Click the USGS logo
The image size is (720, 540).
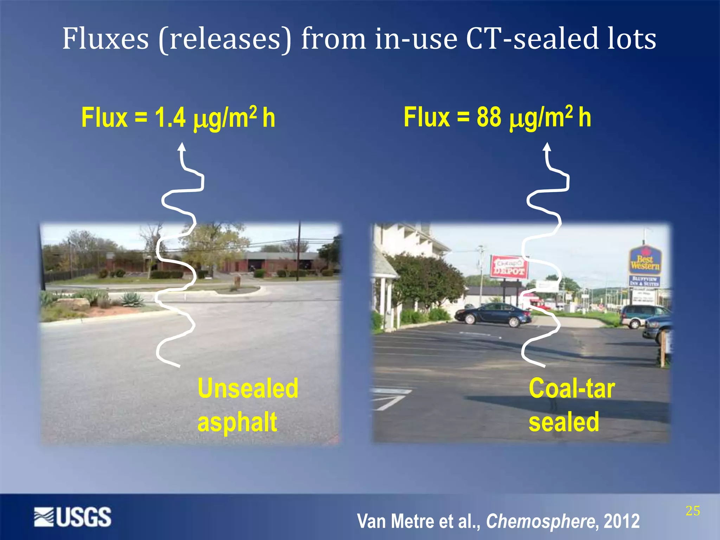coord(73,517)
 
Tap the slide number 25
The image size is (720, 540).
coord(693,511)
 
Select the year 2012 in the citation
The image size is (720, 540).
coord(622,521)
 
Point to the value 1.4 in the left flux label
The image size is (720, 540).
coord(170,117)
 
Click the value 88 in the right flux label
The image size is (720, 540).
coord(489,117)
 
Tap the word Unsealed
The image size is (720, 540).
coord(248,388)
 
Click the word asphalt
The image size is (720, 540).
coord(237,422)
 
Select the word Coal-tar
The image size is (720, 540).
coord(572,388)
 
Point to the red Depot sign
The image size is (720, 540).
coord(509,267)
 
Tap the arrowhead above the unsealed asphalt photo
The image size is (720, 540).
coord(181,147)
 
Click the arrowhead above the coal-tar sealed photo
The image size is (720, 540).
coord(547,147)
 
